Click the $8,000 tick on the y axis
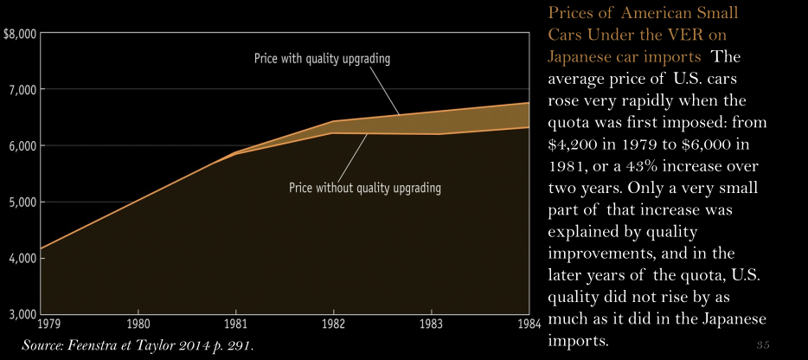click(19, 35)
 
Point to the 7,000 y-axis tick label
click(21, 90)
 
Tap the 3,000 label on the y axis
click(21, 313)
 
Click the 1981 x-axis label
click(235, 325)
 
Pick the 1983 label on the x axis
click(431, 325)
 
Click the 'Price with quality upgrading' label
click(322, 60)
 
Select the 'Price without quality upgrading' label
click(365, 188)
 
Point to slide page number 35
click(762, 346)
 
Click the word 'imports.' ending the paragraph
click(578, 341)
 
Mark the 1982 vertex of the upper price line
click(333, 122)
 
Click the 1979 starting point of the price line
click(40, 249)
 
